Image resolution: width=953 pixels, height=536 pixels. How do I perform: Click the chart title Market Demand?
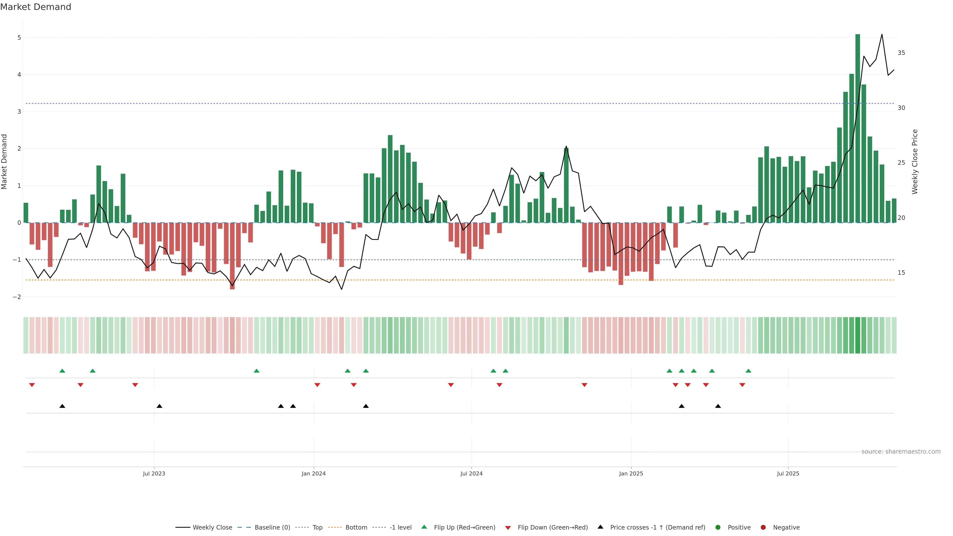(x=35, y=7)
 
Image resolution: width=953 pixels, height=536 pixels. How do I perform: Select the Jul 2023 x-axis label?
(x=154, y=473)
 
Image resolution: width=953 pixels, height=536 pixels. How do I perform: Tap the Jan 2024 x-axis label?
(x=313, y=473)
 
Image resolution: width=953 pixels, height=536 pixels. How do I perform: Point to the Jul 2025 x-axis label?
(x=788, y=473)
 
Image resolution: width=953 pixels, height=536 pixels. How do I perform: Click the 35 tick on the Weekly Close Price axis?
(x=901, y=53)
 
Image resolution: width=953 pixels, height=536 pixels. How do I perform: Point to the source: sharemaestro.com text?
(x=901, y=452)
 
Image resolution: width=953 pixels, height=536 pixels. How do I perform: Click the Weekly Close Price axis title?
(x=915, y=162)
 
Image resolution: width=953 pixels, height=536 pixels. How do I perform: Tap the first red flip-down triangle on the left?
(x=32, y=385)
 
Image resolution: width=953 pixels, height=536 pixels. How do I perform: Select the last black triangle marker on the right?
(x=718, y=406)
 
